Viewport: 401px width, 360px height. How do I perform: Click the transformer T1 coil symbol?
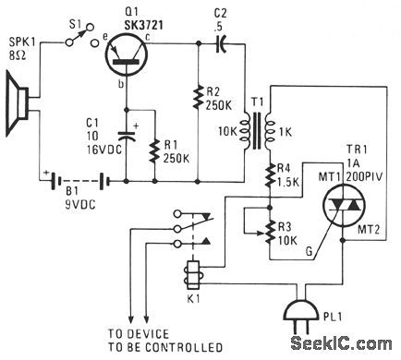point(256,129)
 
